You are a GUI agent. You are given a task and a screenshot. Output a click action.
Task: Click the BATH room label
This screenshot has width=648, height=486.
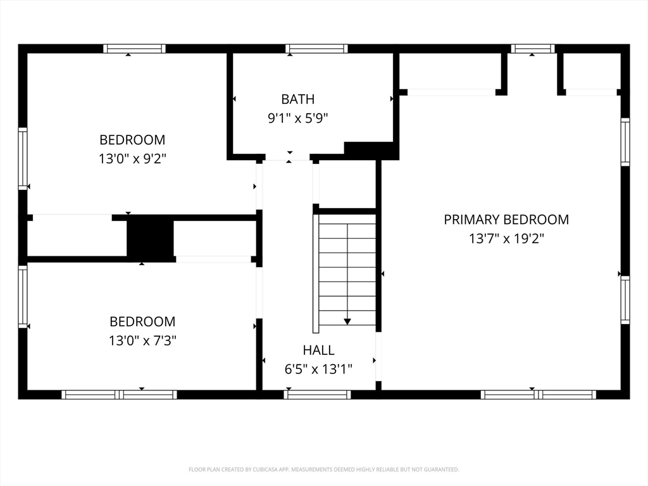[297, 99]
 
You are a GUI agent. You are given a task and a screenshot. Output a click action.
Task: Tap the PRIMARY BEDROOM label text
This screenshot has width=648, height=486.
[506, 220]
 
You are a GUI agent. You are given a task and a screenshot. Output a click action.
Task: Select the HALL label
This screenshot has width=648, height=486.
[319, 351]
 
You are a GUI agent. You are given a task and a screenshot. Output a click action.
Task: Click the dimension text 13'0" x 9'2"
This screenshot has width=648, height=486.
[132, 159]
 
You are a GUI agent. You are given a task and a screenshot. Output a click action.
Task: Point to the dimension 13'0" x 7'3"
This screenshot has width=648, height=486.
[142, 340]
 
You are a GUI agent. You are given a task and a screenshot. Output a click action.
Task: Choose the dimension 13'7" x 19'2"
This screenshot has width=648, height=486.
[506, 239]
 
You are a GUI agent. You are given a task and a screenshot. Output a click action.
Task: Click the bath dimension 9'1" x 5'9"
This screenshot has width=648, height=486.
[297, 118]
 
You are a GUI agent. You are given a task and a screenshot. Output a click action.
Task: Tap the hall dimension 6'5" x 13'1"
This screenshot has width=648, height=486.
[318, 369]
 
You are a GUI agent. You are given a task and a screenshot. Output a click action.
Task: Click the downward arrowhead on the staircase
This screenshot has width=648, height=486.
[347, 321]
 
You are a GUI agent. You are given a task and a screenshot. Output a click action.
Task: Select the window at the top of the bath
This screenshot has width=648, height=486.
[316, 49]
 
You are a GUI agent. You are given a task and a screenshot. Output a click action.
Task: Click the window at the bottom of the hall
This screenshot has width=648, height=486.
[317, 395]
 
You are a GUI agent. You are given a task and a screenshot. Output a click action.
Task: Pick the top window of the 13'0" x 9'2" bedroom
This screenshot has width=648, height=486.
[134, 49]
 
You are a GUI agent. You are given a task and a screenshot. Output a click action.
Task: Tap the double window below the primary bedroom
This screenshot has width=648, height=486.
[538, 395]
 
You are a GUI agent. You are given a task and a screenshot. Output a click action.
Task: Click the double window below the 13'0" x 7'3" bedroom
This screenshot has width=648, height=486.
[119, 395]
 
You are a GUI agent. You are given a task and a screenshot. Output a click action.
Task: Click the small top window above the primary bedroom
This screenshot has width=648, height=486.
[533, 49]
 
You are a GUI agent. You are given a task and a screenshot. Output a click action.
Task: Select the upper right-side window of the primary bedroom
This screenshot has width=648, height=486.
[625, 142]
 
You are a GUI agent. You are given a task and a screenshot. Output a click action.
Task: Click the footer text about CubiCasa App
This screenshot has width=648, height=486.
[323, 470]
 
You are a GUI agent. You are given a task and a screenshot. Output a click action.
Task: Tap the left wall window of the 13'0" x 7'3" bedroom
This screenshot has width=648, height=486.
[23, 297]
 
